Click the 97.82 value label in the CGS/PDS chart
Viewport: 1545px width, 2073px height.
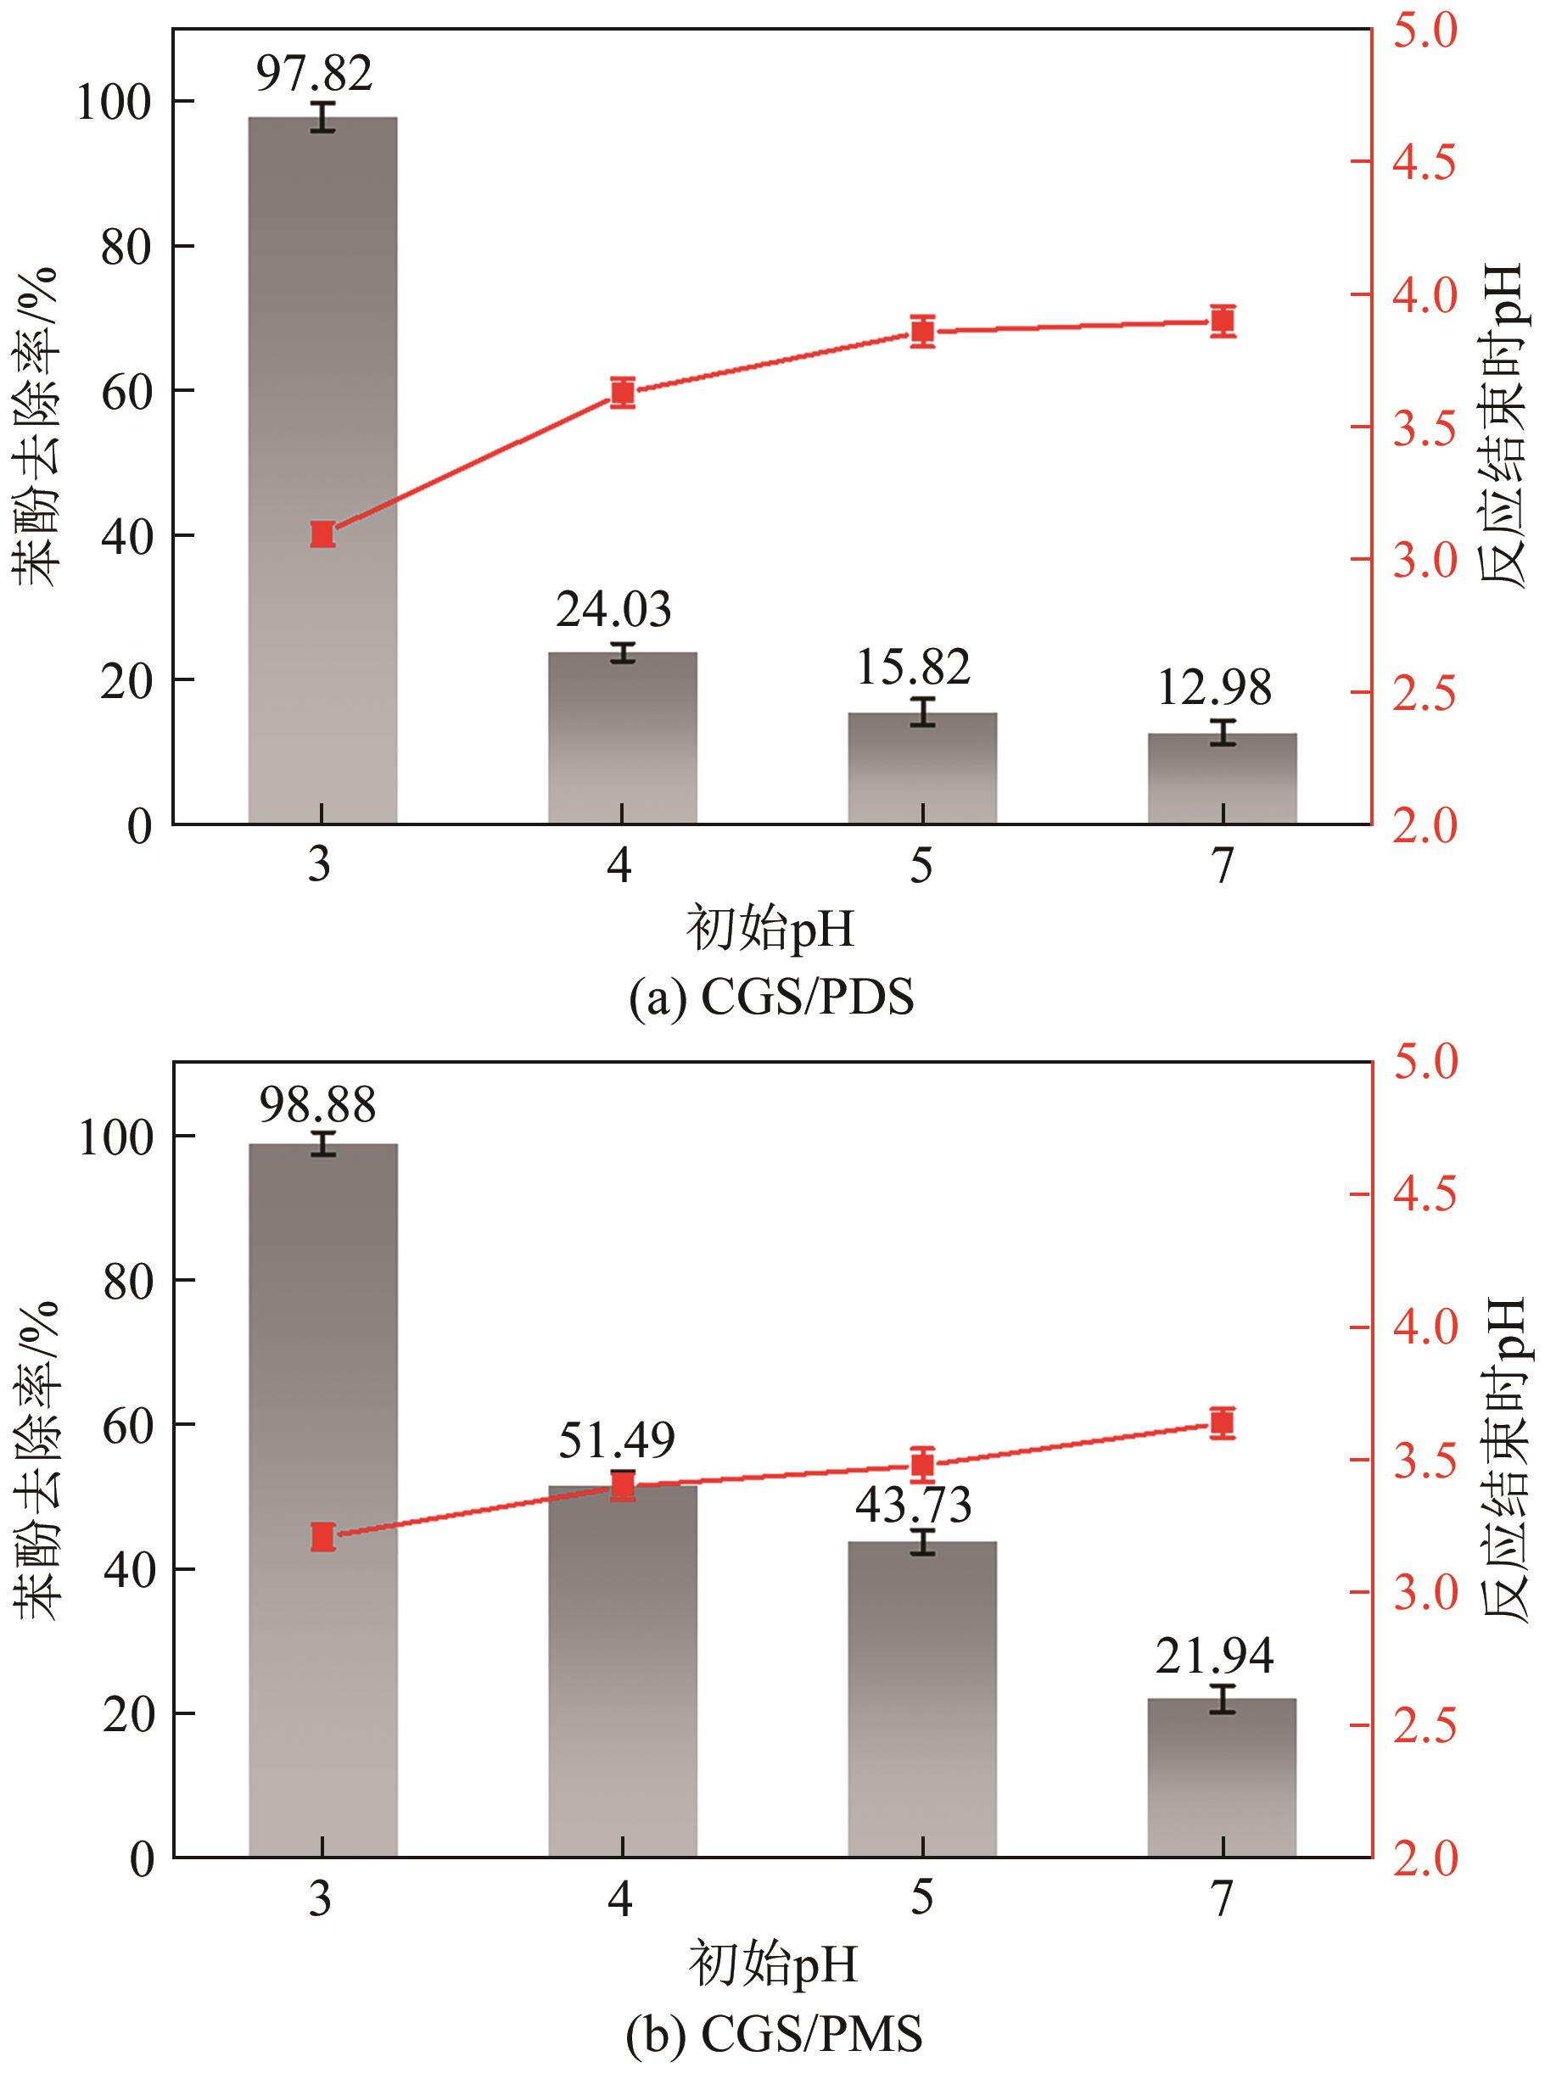(x=314, y=73)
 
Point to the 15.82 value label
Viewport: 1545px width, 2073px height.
(x=914, y=667)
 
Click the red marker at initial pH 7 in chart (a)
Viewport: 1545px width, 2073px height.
(x=1223, y=321)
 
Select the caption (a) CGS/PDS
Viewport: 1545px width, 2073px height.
(x=771, y=998)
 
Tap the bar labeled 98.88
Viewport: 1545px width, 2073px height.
(x=322, y=1496)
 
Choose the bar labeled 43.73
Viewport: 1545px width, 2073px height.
(x=922, y=1697)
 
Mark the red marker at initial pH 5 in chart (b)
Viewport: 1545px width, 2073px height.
(x=923, y=1464)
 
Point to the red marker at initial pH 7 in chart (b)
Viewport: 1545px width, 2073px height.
(x=1223, y=1423)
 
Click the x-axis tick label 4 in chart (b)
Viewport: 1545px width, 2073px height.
(x=620, y=1898)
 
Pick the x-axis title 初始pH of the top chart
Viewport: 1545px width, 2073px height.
(x=770, y=930)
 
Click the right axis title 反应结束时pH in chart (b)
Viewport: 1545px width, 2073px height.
(x=1503, y=1459)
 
